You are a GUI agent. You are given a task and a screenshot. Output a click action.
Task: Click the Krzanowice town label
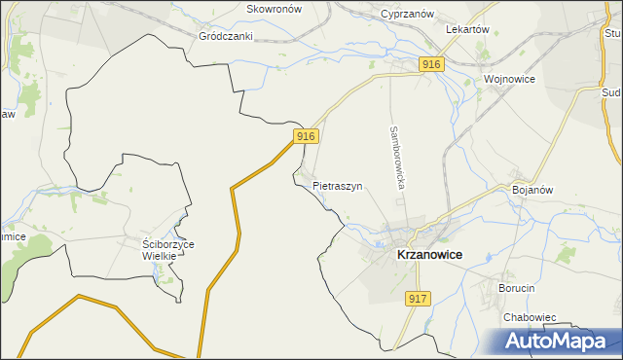(x=429, y=254)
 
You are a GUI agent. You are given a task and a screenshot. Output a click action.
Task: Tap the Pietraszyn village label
(x=338, y=185)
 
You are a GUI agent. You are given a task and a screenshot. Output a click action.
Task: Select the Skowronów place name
(x=275, y=8)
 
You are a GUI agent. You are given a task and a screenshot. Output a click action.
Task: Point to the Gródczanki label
(x=226, y=36)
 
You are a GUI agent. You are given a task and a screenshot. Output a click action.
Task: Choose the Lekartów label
(x=466, y=30)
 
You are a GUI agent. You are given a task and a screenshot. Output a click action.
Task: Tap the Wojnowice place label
(x=509, y=79)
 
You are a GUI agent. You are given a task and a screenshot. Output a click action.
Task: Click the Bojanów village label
(x=532, y=190)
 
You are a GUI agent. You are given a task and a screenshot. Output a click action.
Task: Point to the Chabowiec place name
(x=530, y=317)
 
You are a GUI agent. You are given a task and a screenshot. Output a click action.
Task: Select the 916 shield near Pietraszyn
(x=306, y=136)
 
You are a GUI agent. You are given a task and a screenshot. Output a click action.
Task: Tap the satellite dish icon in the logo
(x=495, y=340)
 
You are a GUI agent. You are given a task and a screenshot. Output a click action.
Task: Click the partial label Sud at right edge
(x=612, y=93)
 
